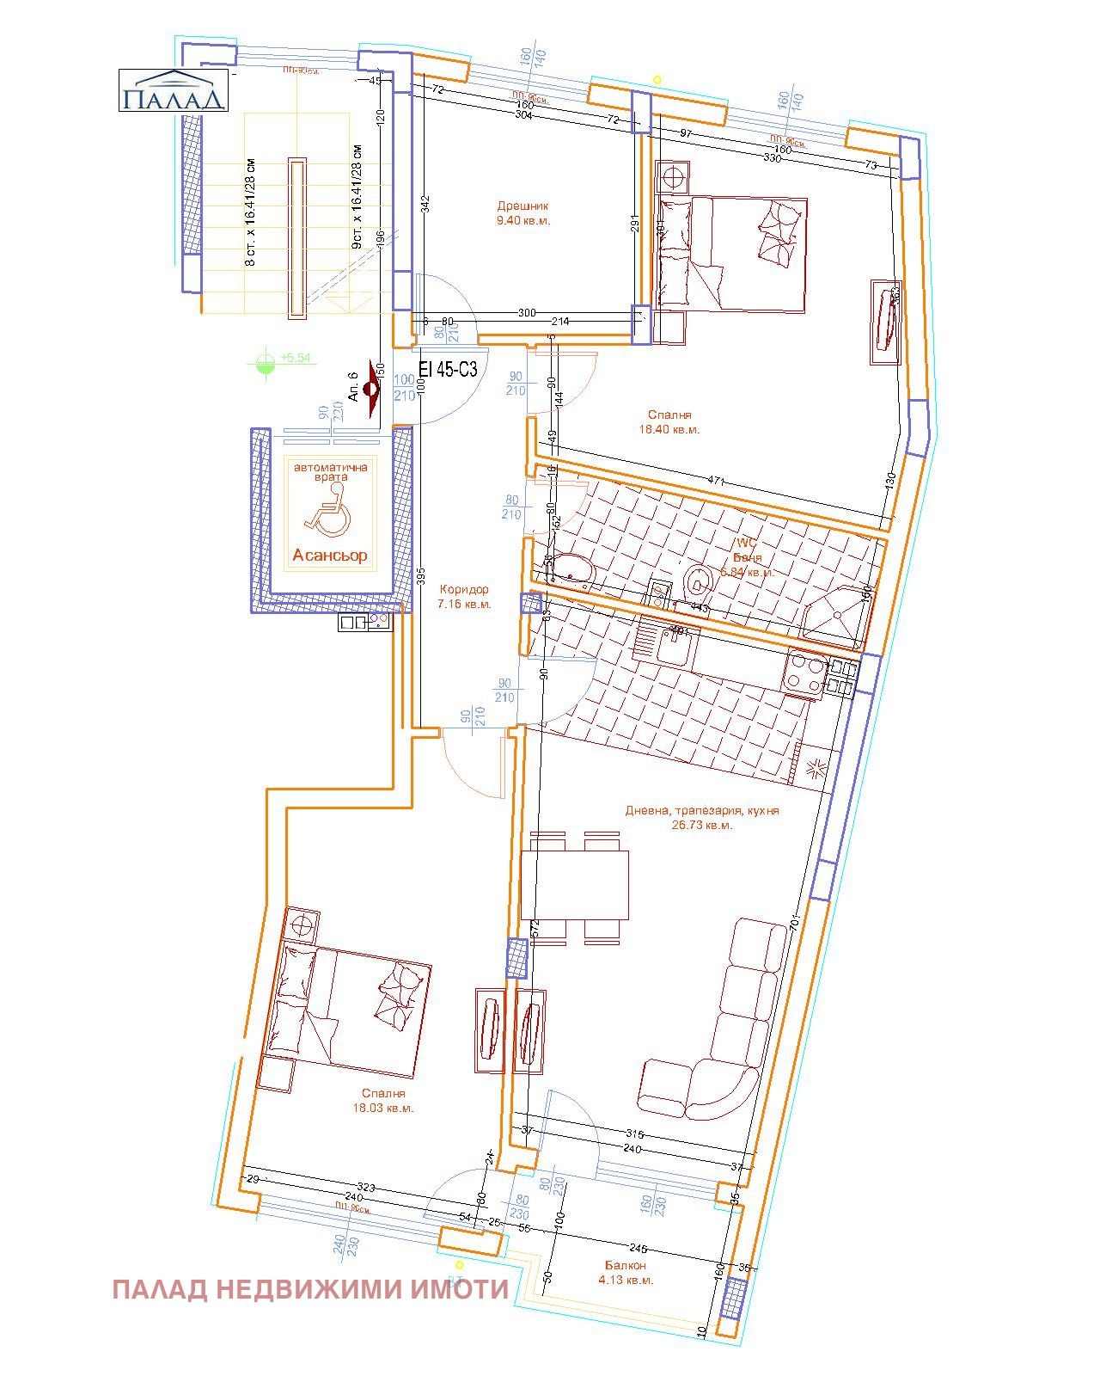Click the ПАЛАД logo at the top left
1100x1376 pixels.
click(x=173, y=90)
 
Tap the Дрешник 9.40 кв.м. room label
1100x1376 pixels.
click(x=522, y=213)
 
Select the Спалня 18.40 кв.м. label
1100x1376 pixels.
click(x=669, y=422)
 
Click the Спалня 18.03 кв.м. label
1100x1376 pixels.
click(x=383, y=1101)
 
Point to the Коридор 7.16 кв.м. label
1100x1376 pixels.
click(x=464, y=597)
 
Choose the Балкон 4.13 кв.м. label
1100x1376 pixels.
click(x=626, y=1273)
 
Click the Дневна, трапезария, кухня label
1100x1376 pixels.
click(x=702, y=817)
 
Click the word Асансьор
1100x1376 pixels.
click(x=330, y=556)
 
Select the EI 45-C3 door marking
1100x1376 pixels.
click(x=447, y=369)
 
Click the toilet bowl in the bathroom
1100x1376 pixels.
click(x=698, y=581)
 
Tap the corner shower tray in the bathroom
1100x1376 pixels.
click(x=835, y=612)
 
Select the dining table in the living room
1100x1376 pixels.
click(x=574, y=885)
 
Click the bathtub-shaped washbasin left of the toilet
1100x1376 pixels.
click(x=571, y=571)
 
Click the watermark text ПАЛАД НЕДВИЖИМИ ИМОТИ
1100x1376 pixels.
click(x=310, y=1290)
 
